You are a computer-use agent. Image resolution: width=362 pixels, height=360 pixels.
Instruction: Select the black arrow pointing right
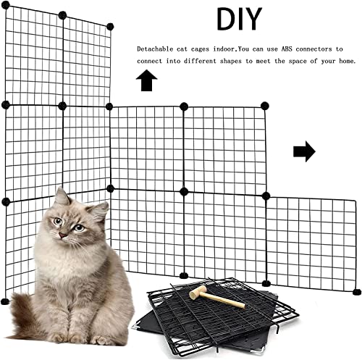click(304, 151)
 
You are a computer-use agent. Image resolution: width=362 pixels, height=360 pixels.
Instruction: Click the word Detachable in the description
click(155, 49)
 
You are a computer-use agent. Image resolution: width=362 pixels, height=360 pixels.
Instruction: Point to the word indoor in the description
click(228, 49)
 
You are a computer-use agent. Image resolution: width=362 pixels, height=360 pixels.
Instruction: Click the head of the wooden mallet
click(195, 293)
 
